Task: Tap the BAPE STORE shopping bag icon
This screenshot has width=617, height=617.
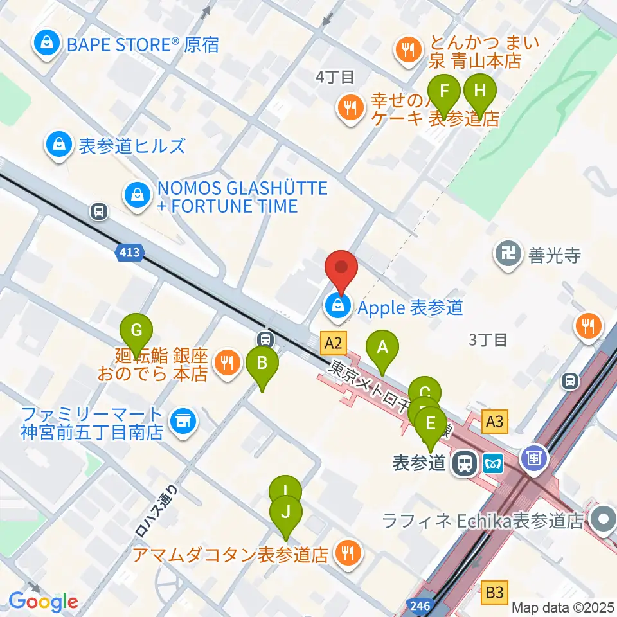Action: pyautogui.click(x=46, y=44)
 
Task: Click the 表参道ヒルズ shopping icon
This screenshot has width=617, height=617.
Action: pyautogui.click(x=59, y=145)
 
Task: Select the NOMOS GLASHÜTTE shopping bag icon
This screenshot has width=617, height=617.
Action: pyautogui.click(x=137, y=193)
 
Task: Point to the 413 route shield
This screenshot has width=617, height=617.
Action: pyautogui.click(x=129, y=254)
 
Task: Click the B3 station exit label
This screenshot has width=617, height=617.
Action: pyautogui.click(x=495, y=590)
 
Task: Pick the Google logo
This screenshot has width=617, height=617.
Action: pyautogui.click(x=43, y=601)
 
